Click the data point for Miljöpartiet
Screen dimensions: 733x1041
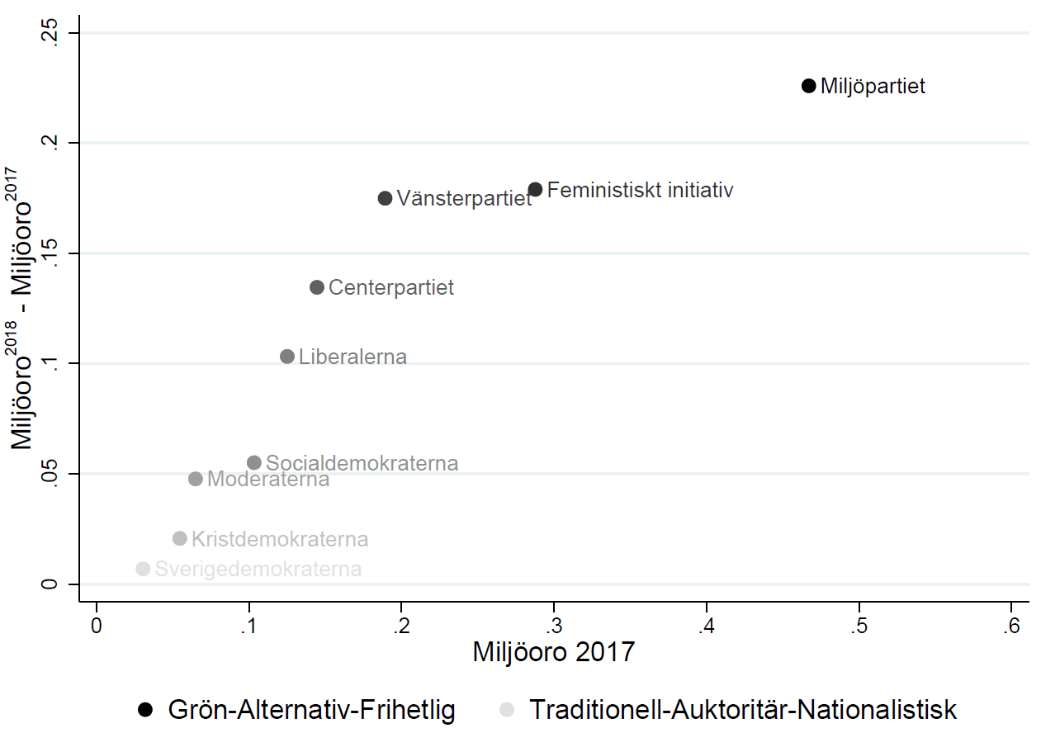click(808, 86)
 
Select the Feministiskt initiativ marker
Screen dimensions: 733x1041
click(535, 190)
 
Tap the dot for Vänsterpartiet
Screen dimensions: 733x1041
click(385, 198)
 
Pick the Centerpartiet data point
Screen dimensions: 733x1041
click(316, 287)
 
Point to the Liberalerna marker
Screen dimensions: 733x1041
click(287, 357)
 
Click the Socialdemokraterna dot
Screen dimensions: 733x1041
click(254, 463)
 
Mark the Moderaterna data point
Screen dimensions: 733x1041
click(196, 479)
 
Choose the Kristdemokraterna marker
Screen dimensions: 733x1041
click(180, 539)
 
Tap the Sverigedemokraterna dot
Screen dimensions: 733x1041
click(143, 569)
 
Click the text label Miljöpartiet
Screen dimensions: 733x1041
click(873, 87)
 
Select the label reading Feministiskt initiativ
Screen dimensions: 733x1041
click(640, 191)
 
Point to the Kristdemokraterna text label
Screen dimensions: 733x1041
click(280, 540)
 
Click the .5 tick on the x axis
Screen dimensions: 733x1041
click(859, 625)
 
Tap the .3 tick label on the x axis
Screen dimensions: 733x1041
click(554, 625)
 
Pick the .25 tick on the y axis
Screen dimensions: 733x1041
click(51, 34)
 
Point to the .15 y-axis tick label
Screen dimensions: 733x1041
click(51, 254)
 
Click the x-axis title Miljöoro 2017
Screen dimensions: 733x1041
click(553, 652)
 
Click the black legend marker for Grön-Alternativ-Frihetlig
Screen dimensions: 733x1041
click(146, 709)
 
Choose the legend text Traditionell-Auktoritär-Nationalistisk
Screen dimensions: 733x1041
click(742, 709)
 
